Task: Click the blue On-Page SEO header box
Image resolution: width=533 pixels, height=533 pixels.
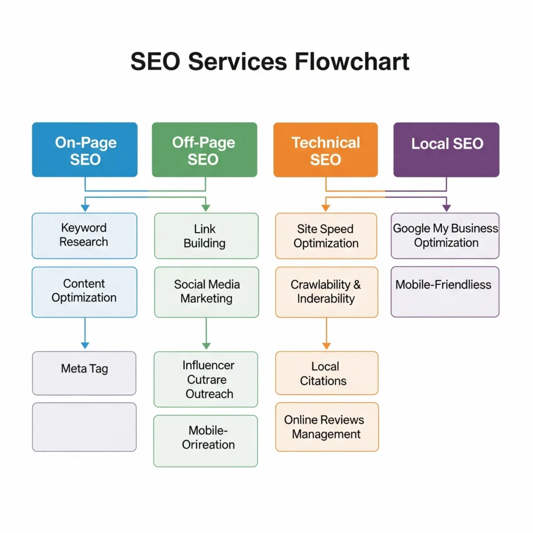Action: (x=85, y=150)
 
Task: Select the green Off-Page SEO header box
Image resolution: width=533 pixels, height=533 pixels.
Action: (x=205, y=150)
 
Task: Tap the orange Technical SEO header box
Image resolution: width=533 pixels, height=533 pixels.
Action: (x=325, y=150)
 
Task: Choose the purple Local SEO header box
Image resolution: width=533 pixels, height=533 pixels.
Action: (x=446, y=150)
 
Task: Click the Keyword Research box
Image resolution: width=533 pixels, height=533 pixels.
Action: (x=84, y=235)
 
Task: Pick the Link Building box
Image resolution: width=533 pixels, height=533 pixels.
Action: (x=206, y=236)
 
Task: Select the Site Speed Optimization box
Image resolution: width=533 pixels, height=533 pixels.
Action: (x=326, y=236)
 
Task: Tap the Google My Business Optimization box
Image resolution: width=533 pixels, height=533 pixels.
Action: (x=445, y=235)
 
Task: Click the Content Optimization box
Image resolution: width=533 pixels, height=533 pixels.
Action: (x=84, y=292)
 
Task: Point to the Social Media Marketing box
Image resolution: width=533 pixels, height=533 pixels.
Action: (x=206, y=292)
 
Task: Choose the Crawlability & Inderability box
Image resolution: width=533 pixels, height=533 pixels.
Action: (x=326, y=292)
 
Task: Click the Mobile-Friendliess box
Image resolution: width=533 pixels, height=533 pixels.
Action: (x=445, y=291)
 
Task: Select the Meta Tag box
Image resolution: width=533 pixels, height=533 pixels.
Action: (x=84, y=373)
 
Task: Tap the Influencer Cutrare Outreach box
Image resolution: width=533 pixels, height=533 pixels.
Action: (x=206, y=379)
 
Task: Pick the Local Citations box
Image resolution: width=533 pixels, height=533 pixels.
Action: (x=326, y=373)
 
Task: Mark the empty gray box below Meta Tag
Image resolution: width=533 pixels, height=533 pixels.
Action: (x=84, y=427)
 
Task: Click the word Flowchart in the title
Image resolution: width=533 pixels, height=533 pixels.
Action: (x=352, y=61)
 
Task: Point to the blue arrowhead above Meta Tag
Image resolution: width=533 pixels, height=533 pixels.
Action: (x=85, y=345)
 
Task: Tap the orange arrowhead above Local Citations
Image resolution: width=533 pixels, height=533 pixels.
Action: (x=326, y=345)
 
